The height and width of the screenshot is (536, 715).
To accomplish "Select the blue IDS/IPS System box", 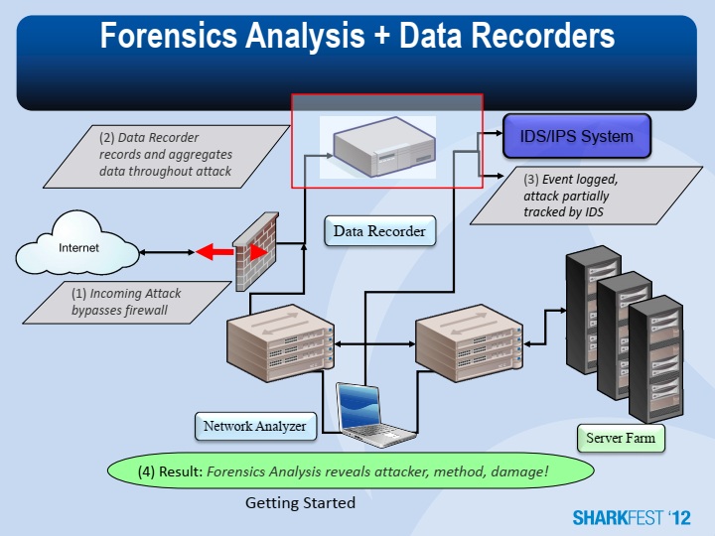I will [576, 136].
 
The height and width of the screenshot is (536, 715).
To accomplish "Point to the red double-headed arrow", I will [217, 253].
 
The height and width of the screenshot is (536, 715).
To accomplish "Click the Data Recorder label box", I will [378, 231].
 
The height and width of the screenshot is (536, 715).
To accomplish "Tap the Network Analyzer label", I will [255, 427].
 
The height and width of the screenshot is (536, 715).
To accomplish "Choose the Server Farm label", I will [619, 438].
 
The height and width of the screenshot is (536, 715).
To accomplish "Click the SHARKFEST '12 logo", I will [631, 518].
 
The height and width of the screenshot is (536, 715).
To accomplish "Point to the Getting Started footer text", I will [300, 503].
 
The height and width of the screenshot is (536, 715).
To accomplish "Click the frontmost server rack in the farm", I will [654, 357].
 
